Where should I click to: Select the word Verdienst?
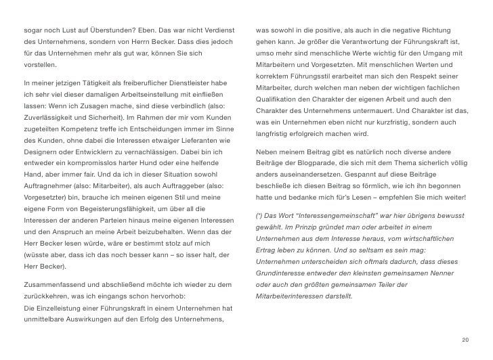pyautogui.click(x=215, y=31)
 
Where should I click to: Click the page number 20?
pyautogui.click(x=464, y=339)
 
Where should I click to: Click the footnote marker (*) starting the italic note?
pyautogui.click(x=260, y=215)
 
